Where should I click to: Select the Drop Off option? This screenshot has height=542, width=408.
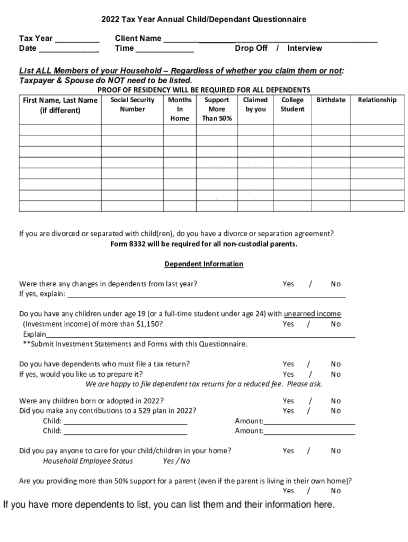coord(251,48)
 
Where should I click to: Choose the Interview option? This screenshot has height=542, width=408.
coord(305,48)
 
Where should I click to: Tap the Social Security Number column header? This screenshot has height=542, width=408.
coord(132,104)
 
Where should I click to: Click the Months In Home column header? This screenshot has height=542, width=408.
coord(180,109)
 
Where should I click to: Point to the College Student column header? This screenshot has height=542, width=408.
coord(292,104)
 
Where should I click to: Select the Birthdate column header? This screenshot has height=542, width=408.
coord(331,100)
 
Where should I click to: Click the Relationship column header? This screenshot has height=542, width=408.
coord(377,100)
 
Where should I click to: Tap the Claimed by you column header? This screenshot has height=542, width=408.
coord(255,104)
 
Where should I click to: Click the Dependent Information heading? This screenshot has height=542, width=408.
coord(203,264)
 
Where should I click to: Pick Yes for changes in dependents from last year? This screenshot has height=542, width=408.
coord(288,284)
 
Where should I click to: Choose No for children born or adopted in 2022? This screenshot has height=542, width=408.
coord(336,401)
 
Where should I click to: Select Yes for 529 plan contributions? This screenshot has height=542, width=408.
coord(288,411)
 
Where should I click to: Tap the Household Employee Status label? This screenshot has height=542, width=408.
coord(88,461)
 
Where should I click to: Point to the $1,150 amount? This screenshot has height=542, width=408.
coord(149,324)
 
